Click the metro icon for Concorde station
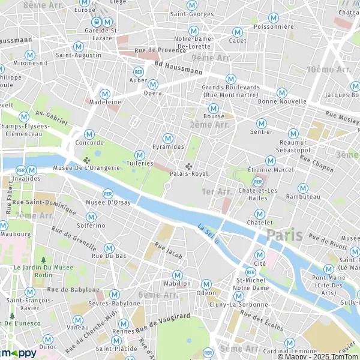pyautogui.click(x=89, y=134)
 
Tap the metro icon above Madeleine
pyautogui.click(x=105, y=94)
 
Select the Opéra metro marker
pyautogui.click(x=152, y=85)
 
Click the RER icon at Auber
pyautogui.click(x=139, y=71)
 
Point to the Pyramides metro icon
pyautogui.click(x=168, y=138)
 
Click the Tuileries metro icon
pyautogui.click(x=140, y=155)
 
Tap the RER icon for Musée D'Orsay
pyautogui.click(x=108, y=193)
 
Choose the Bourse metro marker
pyautogui.click(x=213, y=108)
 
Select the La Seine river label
pyautogui.click(x=208, y=233)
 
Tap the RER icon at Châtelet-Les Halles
pyautogui.click(x=258, y=181)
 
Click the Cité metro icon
pyautogui.click(x=260, y=254)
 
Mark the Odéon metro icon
pyautogui.click(x=206, y=284)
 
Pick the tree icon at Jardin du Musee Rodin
pyautogui.click(x=43, y=260)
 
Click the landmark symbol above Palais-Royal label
pyautogui.click(x=188, y=166)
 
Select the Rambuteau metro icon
pyautogui.click(x=303, y=188)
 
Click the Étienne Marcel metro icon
pyautogui.click(x=270, y=161)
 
